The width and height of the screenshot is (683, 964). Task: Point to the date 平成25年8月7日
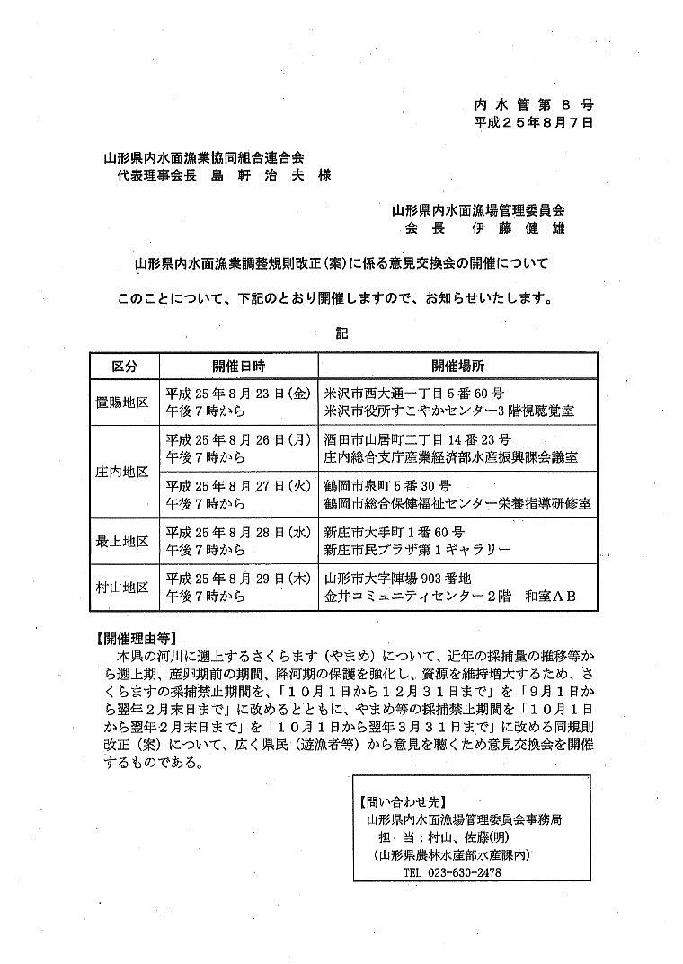point(534,124)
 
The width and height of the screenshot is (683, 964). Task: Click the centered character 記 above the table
point(341,332)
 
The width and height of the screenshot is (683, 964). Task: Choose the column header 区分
point(125,367)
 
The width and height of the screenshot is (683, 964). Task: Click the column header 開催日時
point(238,367)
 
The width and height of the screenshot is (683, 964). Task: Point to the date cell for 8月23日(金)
point(238,402)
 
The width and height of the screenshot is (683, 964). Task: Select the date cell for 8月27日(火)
point(238,493)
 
